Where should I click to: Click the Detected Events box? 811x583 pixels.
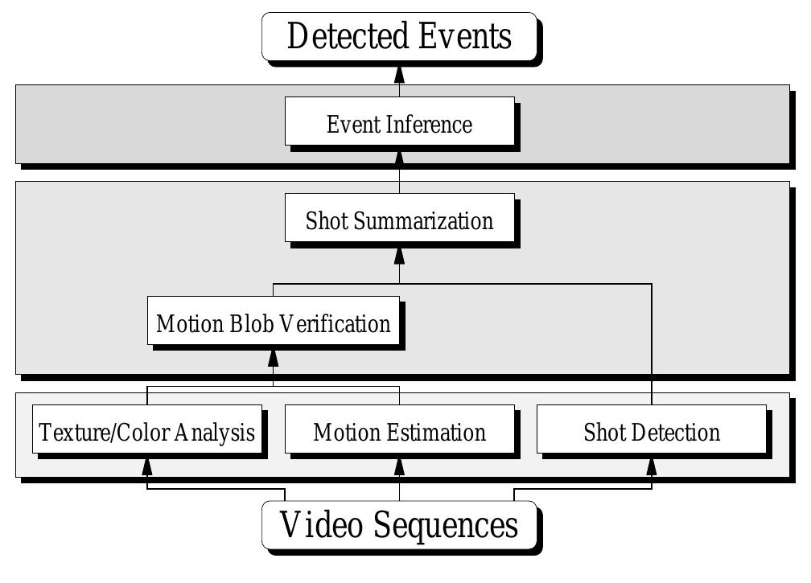point(399,36)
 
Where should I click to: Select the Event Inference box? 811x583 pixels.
point(399,121)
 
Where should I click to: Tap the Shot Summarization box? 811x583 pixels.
point(399,218)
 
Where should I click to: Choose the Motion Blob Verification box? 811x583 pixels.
point(274,321)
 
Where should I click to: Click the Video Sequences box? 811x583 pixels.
point(399,525)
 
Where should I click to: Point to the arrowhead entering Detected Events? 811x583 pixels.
point(399,74)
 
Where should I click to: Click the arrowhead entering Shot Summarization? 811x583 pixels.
point(399,255)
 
